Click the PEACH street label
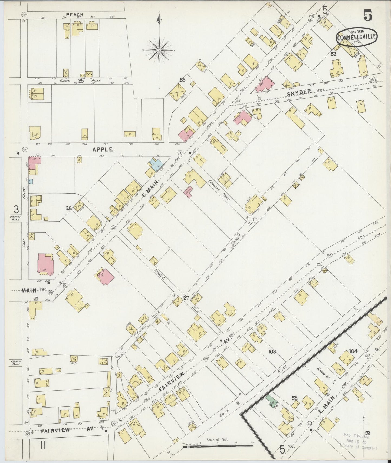[75, 15]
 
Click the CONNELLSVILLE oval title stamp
[357, 38]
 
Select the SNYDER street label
[299, 92]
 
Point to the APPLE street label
[103, 149]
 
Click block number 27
[186, 298]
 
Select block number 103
[272, 351]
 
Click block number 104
[353, 351]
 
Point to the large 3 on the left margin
[17, 209]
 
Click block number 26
[69, 208]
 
